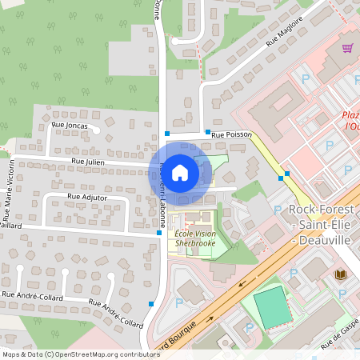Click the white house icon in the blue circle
click(180, 172)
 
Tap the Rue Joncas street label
click(69, 126)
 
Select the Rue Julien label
click(88, 162)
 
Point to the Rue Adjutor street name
click(87, 196)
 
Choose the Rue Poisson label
click(231, 136)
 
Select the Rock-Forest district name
click(322, 210)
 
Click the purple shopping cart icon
click(347, 48)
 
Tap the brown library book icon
click(340, 274)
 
